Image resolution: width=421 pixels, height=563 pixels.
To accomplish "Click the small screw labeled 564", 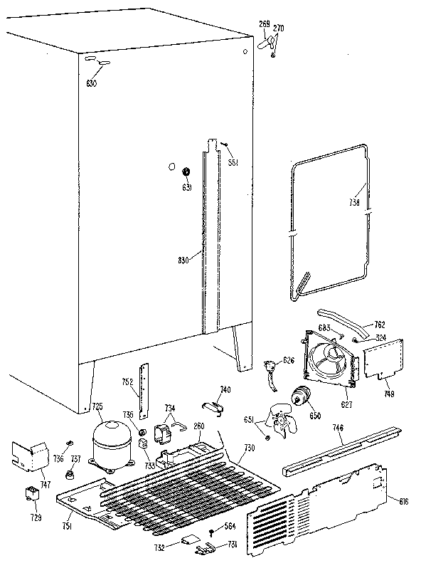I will [x=212, y=532].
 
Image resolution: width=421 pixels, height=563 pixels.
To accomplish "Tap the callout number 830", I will [x=183, y=261].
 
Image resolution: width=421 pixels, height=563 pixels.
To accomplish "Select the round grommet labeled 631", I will [x=186, y=172].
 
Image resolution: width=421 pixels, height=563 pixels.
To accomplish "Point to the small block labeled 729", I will [x=31, y=492].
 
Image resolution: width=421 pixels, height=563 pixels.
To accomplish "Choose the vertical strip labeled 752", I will [x=146, y=389].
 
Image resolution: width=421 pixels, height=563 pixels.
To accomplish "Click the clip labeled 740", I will [x=212, y=406].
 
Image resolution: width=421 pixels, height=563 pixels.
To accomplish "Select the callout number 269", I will [x=263, y=24].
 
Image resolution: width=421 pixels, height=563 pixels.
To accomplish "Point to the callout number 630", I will [x=92, y=84].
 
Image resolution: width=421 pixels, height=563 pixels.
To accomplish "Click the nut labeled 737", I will [x=72, y=475].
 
